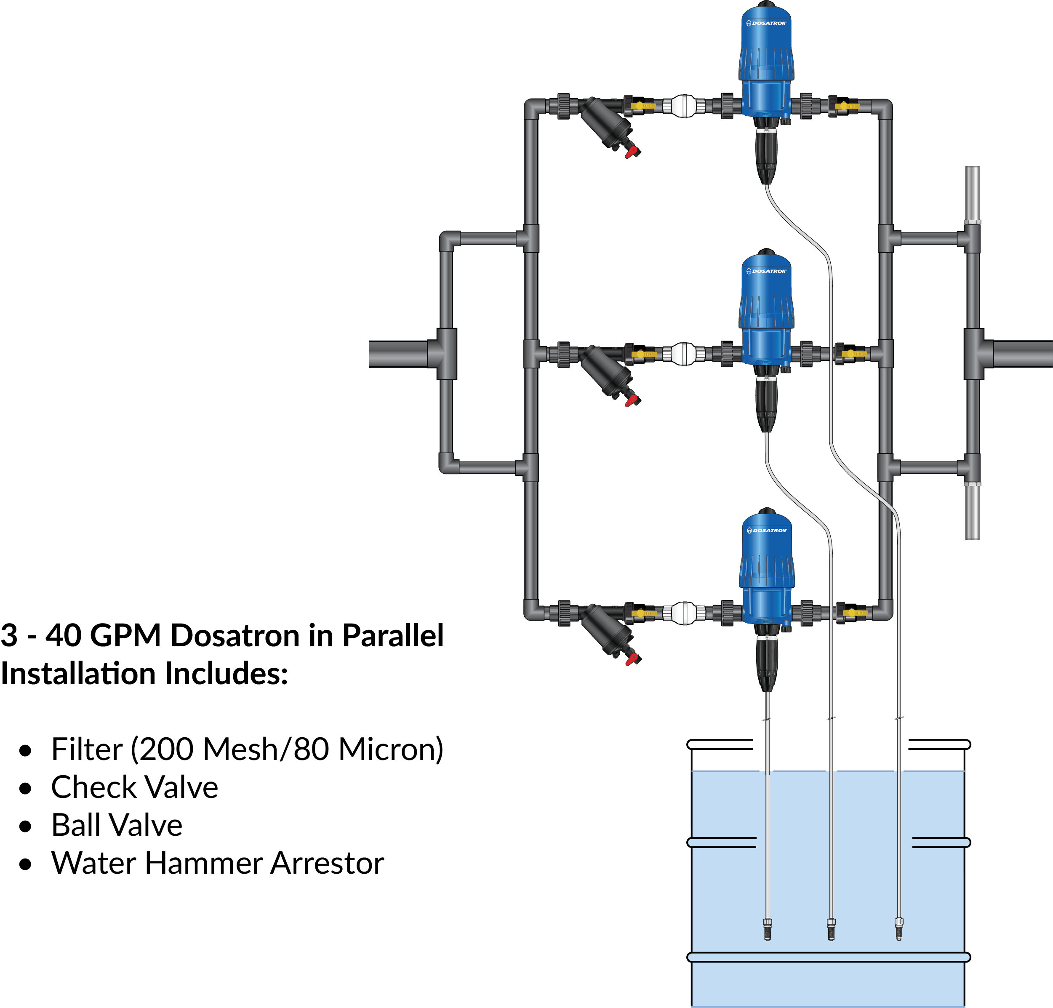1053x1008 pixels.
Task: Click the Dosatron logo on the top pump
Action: coord(767,23)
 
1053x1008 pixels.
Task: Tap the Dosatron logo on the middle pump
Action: coord(767,271)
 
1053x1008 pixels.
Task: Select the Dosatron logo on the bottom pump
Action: coord(767,531)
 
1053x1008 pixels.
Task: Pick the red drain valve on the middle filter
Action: coord(631,400)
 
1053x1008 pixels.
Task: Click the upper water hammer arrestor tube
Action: coord(973,193)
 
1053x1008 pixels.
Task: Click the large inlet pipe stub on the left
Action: coord(397,354)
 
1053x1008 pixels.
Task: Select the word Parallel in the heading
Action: coord(393,636)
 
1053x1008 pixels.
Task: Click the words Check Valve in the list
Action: coord(134,787)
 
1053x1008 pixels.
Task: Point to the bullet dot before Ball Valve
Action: coord(25,826)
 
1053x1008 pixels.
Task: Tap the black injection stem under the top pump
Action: coord(766,156)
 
